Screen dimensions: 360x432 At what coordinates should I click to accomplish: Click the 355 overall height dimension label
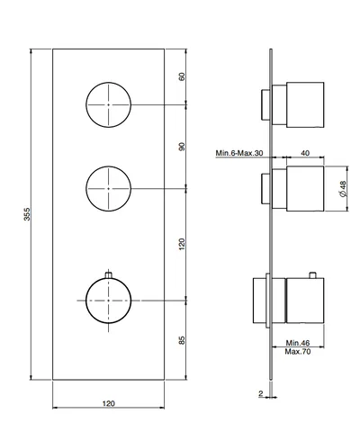pos(27,214)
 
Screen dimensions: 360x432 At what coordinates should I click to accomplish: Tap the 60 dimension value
pos(182,76)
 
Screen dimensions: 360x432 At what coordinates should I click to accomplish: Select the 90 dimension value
pos(182,147)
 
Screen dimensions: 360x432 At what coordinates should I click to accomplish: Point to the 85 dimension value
pos(182,340)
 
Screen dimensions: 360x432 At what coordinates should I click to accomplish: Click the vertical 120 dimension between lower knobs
pos(182,245)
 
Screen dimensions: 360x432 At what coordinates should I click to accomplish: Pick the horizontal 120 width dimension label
pos(109,403)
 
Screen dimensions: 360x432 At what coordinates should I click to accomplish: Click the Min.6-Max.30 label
pos(239,153)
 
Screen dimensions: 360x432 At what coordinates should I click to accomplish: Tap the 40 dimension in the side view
pos(305,153)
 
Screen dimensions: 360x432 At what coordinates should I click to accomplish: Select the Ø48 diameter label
pos(343,189)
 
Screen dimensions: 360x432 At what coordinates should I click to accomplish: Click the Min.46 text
pos(298,343)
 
